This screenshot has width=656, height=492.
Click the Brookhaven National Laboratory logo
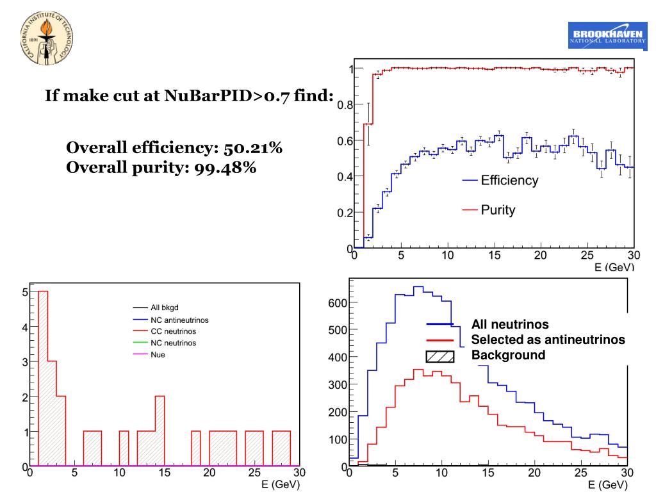click(x=606, y=36)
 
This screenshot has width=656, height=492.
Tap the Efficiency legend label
click(x=509, y=181)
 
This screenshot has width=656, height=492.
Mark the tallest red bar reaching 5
click(x=44, y=378)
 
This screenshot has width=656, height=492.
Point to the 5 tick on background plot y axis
click(x=25, y=292)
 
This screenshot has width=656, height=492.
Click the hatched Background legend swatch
click(x=440, y=356)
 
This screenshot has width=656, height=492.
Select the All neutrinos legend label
click(x=509, y=325)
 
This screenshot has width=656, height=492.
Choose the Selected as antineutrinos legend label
click(x=548, y=340)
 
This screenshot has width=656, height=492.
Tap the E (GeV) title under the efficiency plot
click(x=614, y=266)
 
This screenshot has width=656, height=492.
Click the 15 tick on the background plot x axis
click(x=165, y=474)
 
